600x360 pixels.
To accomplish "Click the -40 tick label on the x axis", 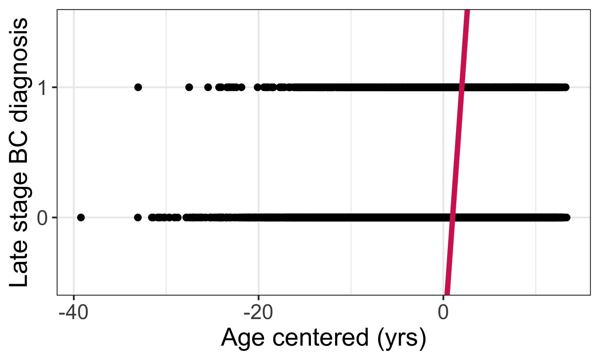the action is tap(73, 312).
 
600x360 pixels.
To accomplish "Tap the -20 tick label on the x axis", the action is tap(258, 312).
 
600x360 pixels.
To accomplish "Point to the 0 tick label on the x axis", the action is tap(443, 312).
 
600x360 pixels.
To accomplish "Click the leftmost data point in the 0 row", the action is tap(81, 217).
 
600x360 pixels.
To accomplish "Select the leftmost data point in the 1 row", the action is tap(138, 87).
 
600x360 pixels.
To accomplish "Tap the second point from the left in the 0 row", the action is tap(138, 217).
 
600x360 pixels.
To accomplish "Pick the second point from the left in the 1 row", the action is tap(189, 87).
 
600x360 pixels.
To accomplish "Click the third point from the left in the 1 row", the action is tap(208, 87).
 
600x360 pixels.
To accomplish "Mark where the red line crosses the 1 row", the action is tap(462, 87).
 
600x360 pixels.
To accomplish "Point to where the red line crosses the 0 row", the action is tap(452, 217).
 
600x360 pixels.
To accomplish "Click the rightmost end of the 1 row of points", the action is tap(566, 87).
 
